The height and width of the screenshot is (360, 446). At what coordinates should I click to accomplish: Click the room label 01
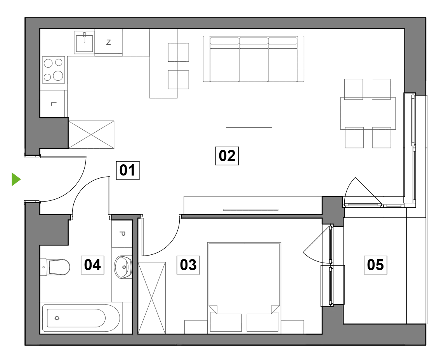(128, 170)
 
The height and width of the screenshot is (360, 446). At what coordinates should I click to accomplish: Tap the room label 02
(227, 156)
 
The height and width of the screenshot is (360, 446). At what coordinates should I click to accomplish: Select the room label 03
(188, 265)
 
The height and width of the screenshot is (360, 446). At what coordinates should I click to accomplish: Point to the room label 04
(92, 265)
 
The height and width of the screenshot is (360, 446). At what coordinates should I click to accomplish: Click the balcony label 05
(375, 265)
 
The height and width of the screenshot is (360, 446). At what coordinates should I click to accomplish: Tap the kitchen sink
(84, 42)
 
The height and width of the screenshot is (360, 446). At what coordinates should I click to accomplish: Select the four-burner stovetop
(54, 70)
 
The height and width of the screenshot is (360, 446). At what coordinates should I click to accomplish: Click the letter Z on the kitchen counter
(108, 42)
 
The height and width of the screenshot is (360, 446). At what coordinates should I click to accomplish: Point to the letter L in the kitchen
(53, 104)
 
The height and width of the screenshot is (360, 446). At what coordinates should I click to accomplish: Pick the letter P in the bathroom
(122, 234)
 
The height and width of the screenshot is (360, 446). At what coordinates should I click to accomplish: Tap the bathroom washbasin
(123, 267)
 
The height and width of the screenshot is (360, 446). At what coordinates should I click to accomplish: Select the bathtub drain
(57, 318)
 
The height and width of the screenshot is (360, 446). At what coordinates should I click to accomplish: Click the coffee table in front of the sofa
(249, 113)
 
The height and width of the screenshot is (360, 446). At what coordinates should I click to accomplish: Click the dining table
(368, 113)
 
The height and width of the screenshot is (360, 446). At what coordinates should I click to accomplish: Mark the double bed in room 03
(244, 287)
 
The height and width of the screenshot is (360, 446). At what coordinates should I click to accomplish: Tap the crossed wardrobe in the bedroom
(152, 298)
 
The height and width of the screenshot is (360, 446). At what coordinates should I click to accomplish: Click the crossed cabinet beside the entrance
(91, 134)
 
